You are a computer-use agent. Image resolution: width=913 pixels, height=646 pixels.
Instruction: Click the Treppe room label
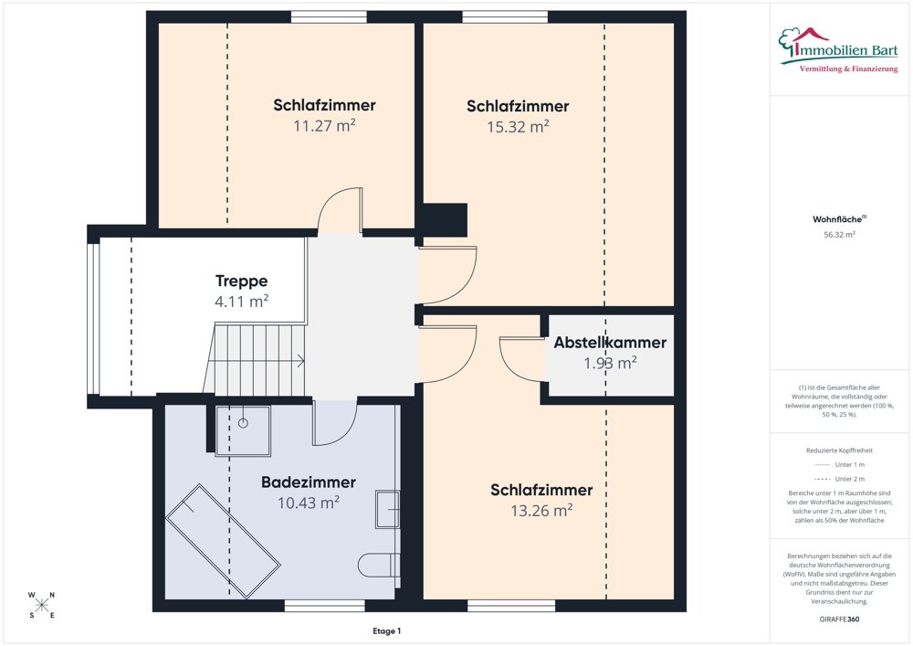pos(241,281)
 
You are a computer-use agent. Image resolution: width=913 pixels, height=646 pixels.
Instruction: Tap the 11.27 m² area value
pos(324,126)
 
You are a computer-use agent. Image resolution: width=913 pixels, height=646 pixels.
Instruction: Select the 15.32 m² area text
pos(518,127)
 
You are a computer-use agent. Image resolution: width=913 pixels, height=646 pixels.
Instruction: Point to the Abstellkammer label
pos(610,344)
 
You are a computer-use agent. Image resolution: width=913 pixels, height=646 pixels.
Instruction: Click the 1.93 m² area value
pos(610,364)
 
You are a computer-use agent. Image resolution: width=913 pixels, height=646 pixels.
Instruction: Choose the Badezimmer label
pos(309,482)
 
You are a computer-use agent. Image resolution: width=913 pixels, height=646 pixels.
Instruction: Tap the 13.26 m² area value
pos(541,510)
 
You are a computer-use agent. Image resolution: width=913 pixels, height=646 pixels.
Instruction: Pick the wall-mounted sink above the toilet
pos(387,509)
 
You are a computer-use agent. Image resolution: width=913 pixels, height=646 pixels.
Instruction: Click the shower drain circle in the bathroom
pos(244,423)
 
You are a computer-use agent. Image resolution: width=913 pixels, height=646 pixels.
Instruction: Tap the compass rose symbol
pos(42,605)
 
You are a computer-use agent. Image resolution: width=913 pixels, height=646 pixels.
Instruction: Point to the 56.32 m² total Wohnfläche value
pos(839,234)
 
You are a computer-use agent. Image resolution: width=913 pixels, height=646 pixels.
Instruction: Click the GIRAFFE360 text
pos(839,619)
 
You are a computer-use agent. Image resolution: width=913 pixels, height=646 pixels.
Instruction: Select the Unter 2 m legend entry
pos(838,479)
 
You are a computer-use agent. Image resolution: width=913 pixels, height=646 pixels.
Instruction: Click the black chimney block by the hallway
pos(451,219)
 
